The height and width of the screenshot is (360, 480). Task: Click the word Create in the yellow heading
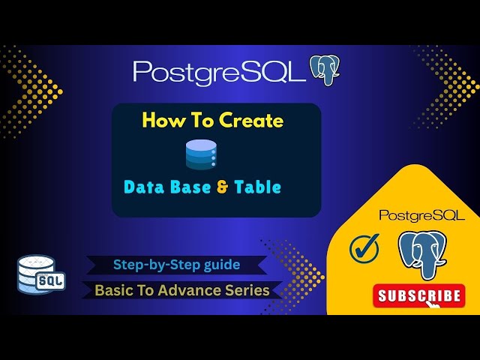[251, 121]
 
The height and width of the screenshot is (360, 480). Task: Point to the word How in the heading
[159, 121]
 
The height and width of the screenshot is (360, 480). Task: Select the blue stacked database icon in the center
[201, 153]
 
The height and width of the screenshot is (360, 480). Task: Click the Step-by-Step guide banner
[176, 264]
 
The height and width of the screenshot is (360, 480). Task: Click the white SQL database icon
[41, 273]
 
